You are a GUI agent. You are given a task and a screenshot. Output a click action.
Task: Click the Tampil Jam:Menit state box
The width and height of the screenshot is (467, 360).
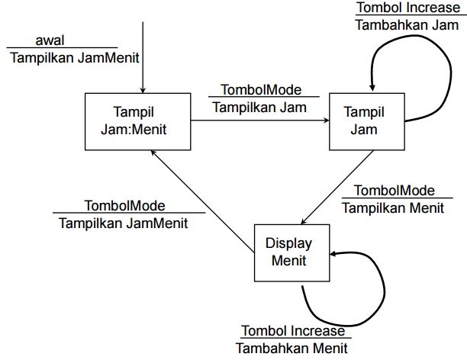[x=137, y=121]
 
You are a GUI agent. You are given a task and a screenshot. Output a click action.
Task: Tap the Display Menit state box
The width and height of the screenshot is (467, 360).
[x=292, y=252]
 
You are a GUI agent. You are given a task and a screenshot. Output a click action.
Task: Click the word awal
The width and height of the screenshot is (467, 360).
[x=50, y=40]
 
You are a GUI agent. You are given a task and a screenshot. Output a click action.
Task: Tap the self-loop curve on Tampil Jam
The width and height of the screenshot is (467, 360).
[x=427, y=69]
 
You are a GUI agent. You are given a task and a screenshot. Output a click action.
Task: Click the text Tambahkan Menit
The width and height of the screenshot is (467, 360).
[x=291, y=348]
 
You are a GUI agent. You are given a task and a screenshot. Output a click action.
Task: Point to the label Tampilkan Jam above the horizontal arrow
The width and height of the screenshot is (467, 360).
[x=259, y=107]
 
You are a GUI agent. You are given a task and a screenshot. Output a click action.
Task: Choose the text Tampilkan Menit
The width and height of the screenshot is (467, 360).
[x=394, y=207]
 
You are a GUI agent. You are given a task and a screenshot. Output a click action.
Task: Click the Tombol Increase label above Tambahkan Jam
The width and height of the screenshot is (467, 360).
[x=407, y=8]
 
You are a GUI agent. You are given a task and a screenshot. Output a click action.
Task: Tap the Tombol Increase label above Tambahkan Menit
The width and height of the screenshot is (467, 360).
[x=294, y=331]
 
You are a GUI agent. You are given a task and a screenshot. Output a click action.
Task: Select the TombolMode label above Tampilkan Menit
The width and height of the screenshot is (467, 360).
[x=395, y=190]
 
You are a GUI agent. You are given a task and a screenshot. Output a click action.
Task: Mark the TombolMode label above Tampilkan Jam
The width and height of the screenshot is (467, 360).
[x=260, y=90]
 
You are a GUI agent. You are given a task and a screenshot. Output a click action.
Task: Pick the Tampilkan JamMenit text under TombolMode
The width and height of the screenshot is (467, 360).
[x=124, y=223]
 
